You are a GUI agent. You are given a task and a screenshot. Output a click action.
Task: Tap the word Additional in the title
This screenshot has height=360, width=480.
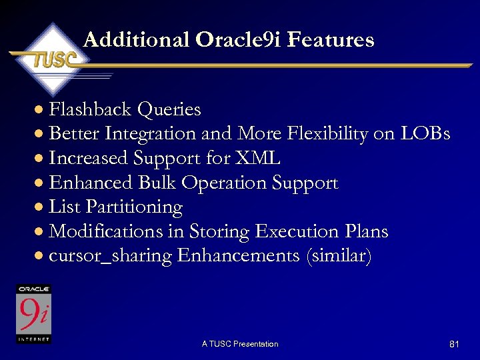coord(137,40)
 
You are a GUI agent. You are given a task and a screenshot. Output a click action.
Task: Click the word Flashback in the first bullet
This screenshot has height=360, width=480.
coord(90,109)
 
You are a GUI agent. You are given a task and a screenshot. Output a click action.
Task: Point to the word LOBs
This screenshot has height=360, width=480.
coord(425,133)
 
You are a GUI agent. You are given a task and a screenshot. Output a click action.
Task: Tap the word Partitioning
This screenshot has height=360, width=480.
coord(137,207)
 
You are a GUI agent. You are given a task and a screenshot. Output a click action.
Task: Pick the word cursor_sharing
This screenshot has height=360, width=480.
coord(111,256)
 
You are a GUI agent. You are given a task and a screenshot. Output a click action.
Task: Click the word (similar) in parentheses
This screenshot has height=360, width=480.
coord(337,256)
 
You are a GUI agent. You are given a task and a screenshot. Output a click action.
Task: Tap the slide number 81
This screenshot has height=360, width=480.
coord(454,344)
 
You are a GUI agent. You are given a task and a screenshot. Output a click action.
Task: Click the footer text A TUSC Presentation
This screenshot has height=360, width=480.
coord(240,344)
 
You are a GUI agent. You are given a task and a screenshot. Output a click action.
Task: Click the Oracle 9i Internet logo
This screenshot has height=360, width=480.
coord(34,314)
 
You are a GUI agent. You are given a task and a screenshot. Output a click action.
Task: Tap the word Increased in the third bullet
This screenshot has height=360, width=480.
coord(88,158)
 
